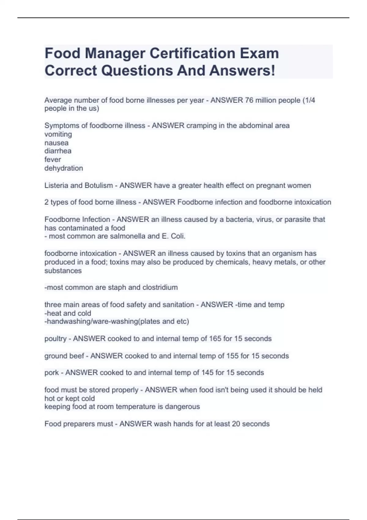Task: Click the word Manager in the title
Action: click(x=114, y=54)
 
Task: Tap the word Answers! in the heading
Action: click(x=242, y=71)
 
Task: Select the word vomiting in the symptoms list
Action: click(x=58, y=134)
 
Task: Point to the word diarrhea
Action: click(x=58, y=151)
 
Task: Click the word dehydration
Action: click(x=64, y=168)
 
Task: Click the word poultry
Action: click(x=55, y=339)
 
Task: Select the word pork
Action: click(x=51, y=373)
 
